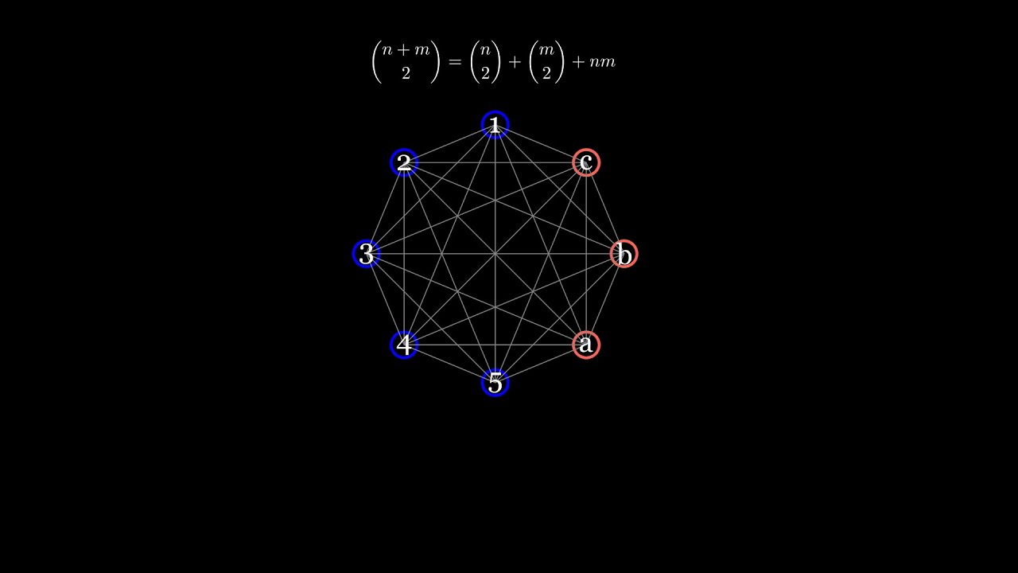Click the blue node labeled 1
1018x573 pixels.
[x=495, y=124]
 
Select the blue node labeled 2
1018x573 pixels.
[x=404, y=162]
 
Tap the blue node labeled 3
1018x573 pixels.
[x=366, y=254]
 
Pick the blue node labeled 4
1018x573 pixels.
[x=404, y=345]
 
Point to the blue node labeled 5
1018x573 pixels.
[x=495, y=383]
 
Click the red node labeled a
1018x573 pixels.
[x=586, y=345]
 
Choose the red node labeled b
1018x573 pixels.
[x=624, y=254]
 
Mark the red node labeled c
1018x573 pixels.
[x=586, y=162]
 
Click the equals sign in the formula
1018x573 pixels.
[x=455, y=62]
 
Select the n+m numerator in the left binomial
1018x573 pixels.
[x=406, y=50]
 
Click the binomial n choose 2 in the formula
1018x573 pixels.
[x=485, y=62]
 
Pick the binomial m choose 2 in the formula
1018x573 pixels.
[x=546, y=62]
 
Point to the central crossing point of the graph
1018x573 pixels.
[x=495, y=254]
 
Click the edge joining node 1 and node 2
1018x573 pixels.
[x=449, y=143]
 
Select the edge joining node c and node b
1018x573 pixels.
[x=605, y=208]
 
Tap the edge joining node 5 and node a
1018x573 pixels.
[x=541, y=364]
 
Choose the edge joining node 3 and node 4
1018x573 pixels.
[x=385, y=299]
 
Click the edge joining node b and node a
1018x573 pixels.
[x=605, y=299]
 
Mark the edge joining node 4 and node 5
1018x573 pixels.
[x=449, y=364]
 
